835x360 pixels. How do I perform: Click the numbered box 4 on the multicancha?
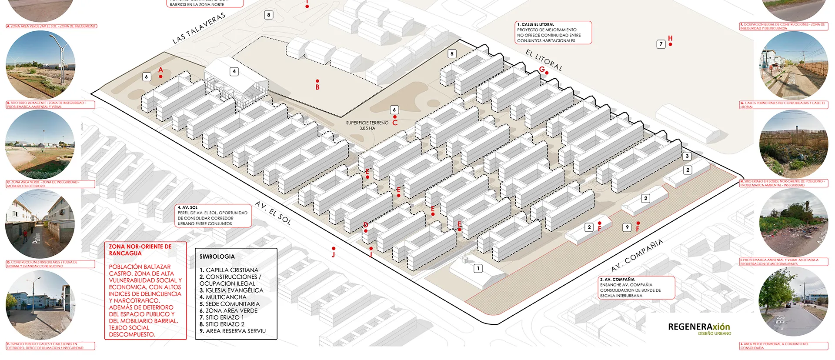pyautogui.click(x=234, y=71)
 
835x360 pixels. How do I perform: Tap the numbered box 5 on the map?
pyautogui.click(x=452, y=54)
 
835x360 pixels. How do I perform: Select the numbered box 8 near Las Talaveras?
pyautogui.click(x=269, y=15)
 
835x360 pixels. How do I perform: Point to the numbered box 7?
pyautogui.click(x=661, y=44)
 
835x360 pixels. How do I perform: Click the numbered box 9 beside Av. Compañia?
pyautogui.click(x=627, y=227)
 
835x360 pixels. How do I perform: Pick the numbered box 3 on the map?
pyautogui.click(x=687, y=156)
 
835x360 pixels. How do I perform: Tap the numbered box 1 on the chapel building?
pyautogui.click(x=478, y=269)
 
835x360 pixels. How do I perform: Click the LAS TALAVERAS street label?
pyautogui.click(x=199, y=28)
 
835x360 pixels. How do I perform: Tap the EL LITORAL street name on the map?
pyautogui.click(x=544, y=60)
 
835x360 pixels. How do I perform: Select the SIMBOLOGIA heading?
pyautogui.click(x=217, y=257)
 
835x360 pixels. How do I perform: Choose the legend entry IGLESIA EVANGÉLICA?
pyautogui.click(x=231, y=290)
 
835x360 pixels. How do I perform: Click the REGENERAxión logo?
pyautogui.click(x=699, y=327)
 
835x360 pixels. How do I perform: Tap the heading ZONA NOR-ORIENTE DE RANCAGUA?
pyautogui.click(x=140, y=250)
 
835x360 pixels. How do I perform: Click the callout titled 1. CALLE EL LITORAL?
pyautogui.click(x=554, y=33)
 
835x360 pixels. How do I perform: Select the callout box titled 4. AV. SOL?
pyautogui.click(x=213, y=216)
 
